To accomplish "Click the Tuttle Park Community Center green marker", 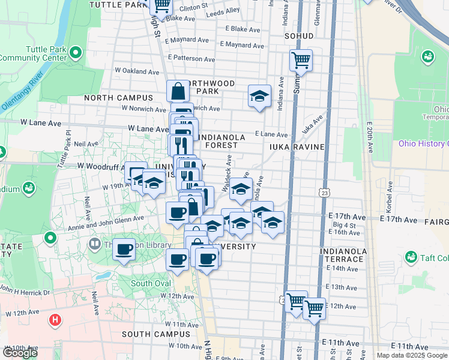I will click(76, 53).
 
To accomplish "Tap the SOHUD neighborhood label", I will click(299, 35).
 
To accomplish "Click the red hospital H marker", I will click(55, 320).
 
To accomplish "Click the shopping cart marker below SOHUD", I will click(300, 59).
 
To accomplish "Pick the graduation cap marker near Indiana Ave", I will click(259, 96).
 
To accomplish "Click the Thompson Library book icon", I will click(94, 244).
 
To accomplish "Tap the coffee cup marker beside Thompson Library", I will click(124, 249).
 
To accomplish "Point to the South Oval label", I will click(150, 283).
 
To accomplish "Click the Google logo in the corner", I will click(20, 353).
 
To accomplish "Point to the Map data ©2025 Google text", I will click(412, 355).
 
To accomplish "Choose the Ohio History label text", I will click(424, 143).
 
